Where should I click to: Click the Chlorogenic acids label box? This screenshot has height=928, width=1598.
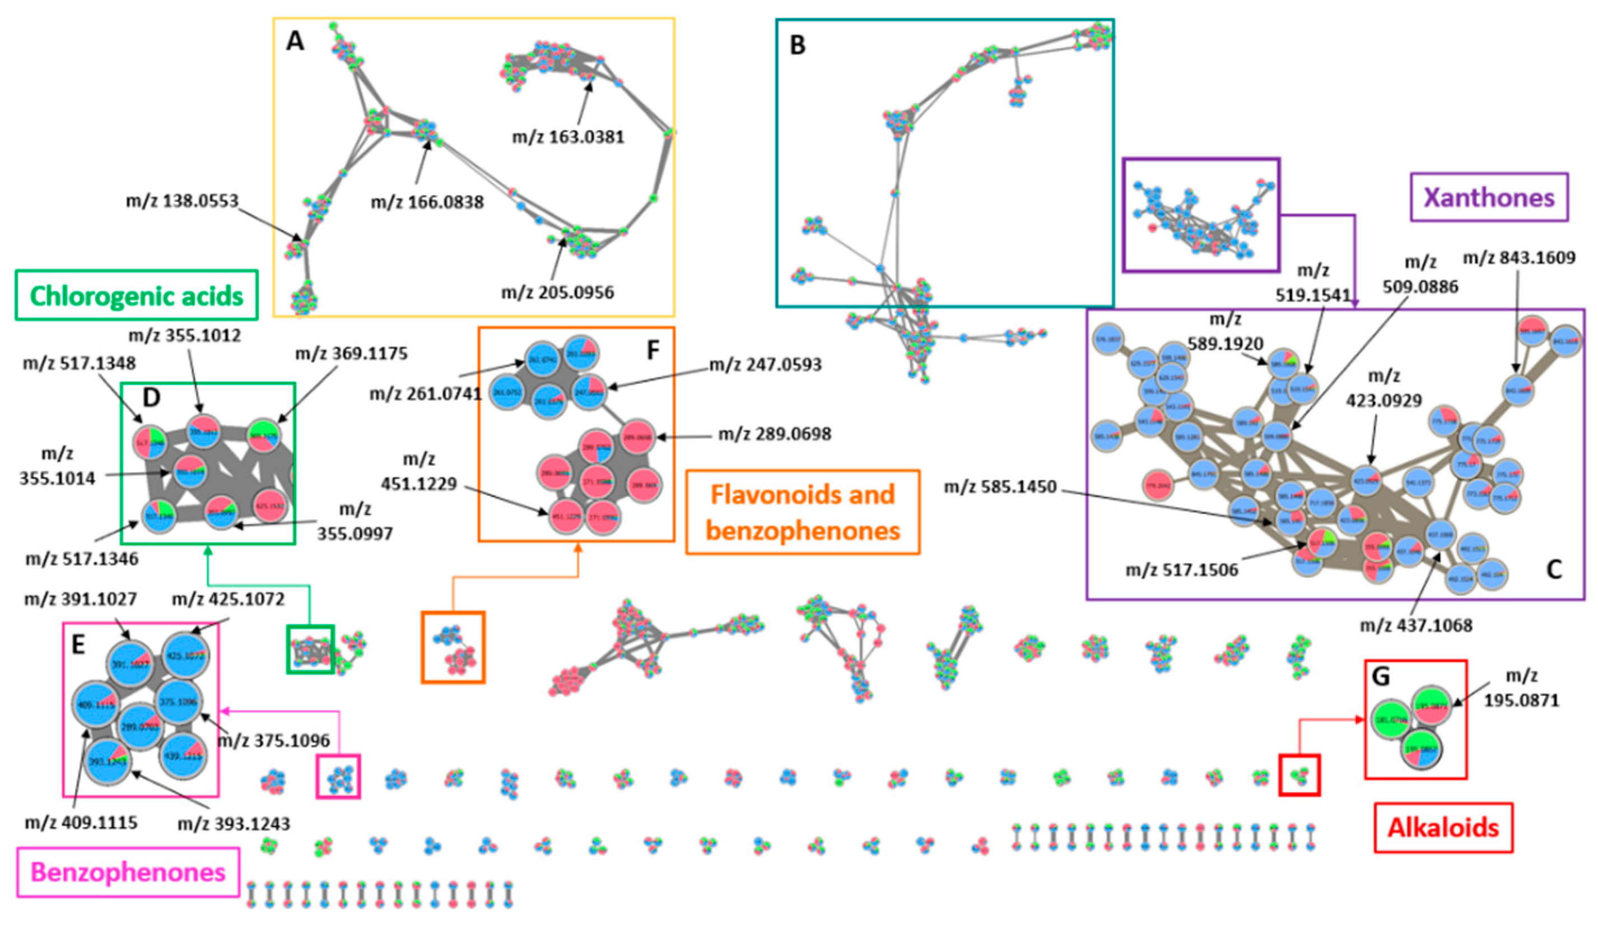[136, 295]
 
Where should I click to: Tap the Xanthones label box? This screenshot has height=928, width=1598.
[1489, 197]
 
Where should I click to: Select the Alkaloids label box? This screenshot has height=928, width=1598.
[1443, 827]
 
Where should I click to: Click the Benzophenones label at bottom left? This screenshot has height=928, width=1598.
[128, 872]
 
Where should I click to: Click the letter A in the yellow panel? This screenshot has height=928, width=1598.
[295, 42]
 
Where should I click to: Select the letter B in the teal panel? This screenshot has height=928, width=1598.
[797, 45]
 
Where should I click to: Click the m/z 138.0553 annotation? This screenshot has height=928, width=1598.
[183, 201]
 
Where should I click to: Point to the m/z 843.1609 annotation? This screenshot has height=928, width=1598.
[1518, 258]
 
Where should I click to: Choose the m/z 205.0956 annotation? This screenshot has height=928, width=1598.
[557, 293]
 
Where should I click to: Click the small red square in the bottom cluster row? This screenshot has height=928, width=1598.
[1299, 774]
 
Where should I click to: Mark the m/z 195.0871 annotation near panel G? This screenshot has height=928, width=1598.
[1521, 688]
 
